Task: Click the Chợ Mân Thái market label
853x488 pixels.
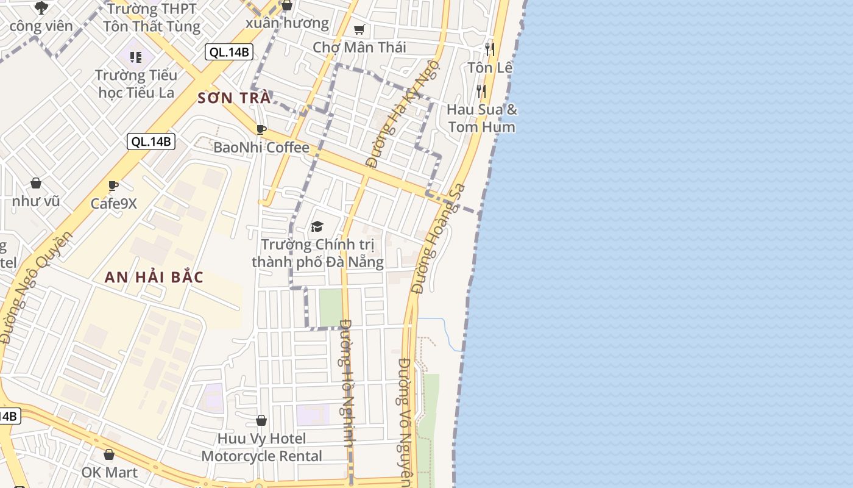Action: coord(359,47)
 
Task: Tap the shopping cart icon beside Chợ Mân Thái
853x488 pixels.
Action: coord(359,29)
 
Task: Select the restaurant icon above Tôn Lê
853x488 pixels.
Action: coord(490,49)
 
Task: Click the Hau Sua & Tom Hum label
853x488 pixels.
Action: coord(481,118)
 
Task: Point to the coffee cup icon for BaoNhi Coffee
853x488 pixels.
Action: coord(261,129)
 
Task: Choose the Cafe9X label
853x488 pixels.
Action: coord(114,203)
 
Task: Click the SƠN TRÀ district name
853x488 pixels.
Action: coord(234,98)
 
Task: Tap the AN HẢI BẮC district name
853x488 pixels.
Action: coord(154,277)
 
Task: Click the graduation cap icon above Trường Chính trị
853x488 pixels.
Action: coord(317,227)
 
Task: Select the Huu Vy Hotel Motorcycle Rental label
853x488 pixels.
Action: coord(262,447)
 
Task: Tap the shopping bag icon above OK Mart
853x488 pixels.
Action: coord(109,454)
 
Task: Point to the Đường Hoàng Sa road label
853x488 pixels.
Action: coord(438,239)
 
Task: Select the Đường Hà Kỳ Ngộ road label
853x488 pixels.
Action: coord(402,113)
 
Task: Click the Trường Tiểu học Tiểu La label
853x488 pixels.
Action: coord(136,84)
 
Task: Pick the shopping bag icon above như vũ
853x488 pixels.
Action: coord(36,183)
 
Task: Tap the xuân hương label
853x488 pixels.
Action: coord(287,23)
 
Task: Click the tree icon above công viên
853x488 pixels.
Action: coord(41,8)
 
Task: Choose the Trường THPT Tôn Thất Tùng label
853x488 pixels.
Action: coord(151,18)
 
